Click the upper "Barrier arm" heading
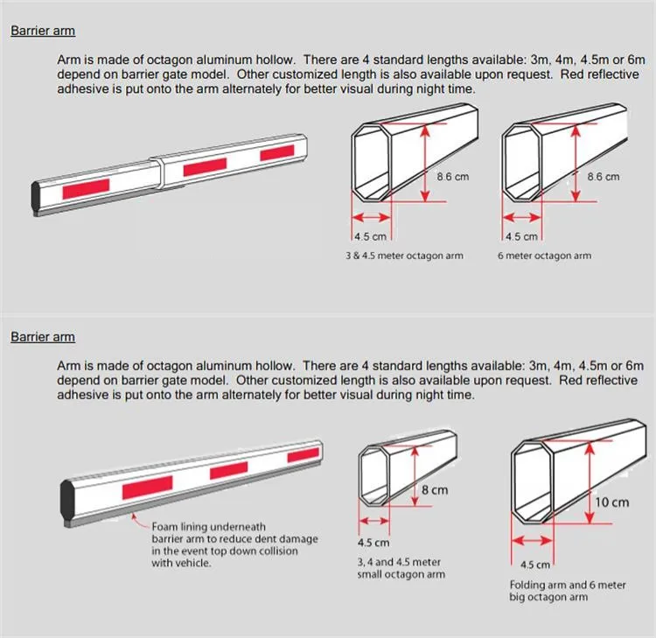43,31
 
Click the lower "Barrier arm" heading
43,337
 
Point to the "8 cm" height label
435,490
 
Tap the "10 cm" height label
612,502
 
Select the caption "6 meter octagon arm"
544,256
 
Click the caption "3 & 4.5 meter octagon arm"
404,256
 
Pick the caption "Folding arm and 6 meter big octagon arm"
567,591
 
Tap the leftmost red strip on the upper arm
87,186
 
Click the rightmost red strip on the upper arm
277,153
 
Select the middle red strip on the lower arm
229,471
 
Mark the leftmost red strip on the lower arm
147,488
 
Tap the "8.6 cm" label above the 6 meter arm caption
603,177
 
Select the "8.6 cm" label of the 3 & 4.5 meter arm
452,177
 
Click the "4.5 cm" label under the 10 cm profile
536,565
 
